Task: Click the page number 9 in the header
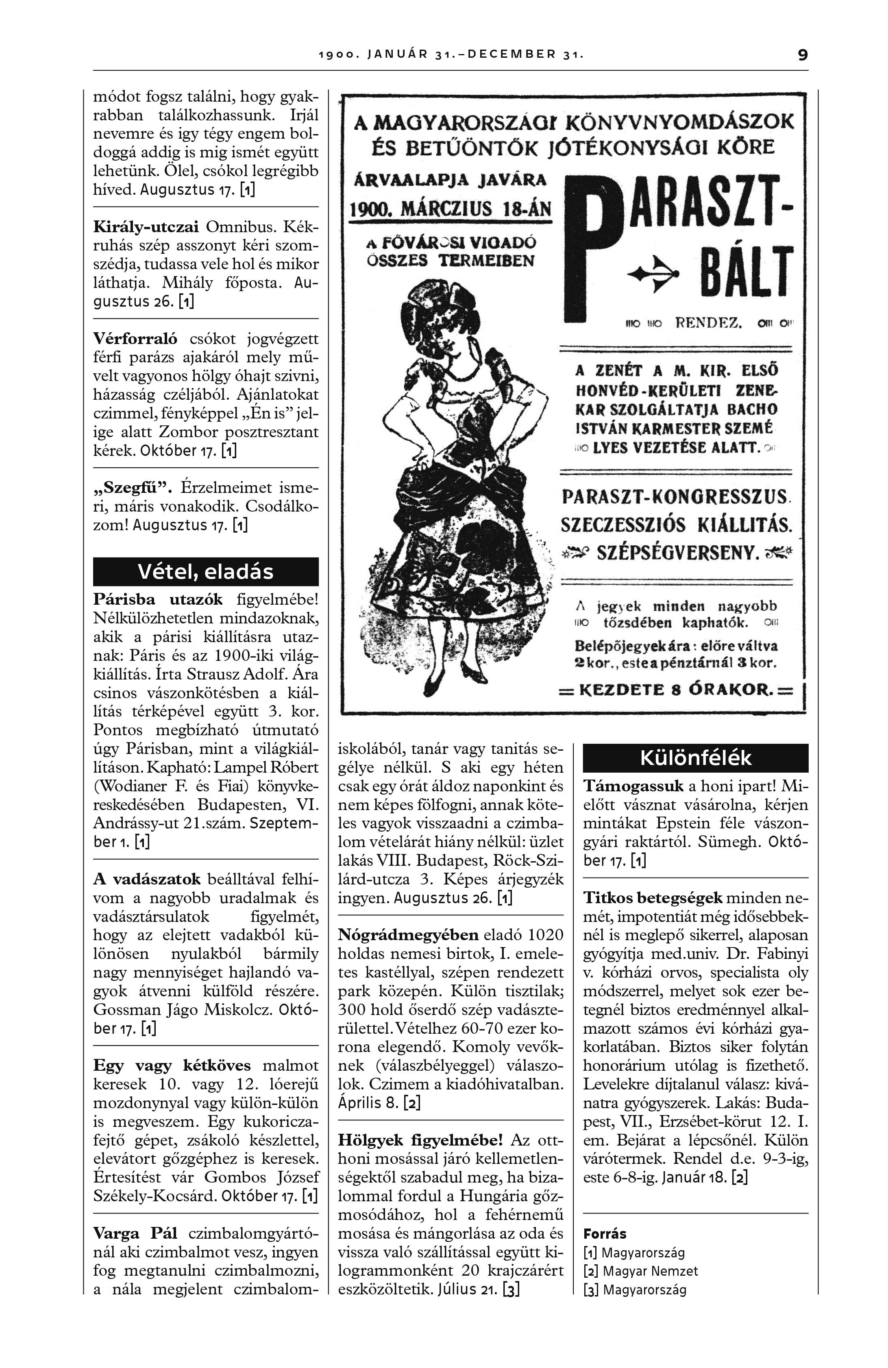click(x=802, y=56)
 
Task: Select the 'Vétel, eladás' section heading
click(x=205, y=572)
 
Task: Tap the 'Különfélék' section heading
click(x=695, y=758)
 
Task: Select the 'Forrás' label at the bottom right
click(x=605, y=1233)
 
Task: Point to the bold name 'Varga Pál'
click(x=135, y=1233)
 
